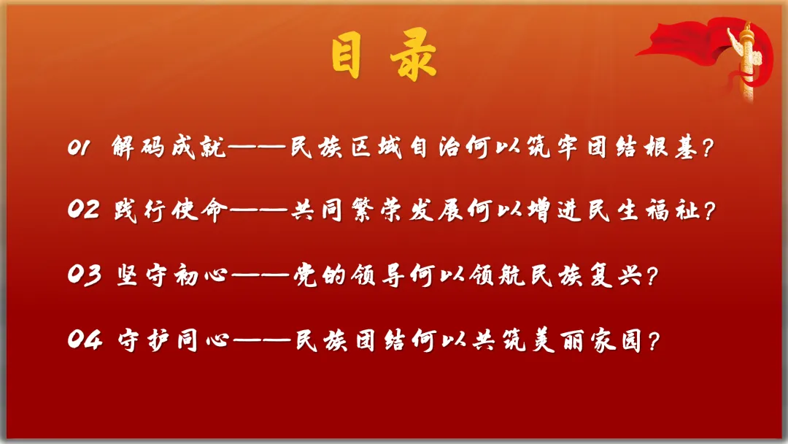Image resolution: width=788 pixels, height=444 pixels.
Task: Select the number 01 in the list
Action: [80, 148]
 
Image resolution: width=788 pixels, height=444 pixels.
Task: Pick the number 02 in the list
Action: [83, 209]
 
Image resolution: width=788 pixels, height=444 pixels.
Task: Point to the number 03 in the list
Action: [85, 275]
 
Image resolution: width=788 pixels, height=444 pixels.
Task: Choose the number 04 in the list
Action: [85, 339]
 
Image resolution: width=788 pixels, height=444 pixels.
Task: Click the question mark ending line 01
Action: [708, 148]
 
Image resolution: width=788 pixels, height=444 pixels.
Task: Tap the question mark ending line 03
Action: [652, 275]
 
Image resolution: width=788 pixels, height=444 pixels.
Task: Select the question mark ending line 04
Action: [653, 340]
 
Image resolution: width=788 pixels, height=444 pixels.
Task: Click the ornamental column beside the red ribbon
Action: [747, 61]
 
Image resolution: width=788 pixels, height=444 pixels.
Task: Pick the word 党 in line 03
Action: [305, 275]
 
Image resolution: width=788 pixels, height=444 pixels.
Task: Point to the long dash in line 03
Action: [260, 275]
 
